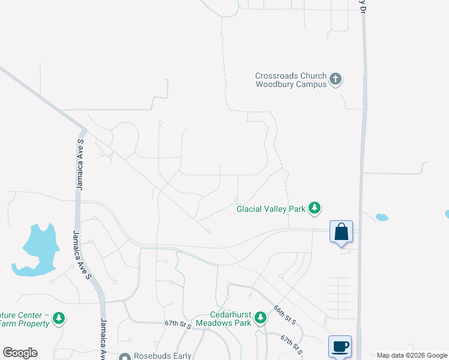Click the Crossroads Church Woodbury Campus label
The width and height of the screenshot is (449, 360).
[291, 80]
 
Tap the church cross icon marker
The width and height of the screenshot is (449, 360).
[336, 79]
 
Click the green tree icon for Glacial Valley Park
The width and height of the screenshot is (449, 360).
[315, 208]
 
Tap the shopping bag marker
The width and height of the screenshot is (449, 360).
[341, 232]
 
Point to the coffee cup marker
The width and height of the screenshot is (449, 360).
[340, 346]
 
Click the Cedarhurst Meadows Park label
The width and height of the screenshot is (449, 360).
[230, 319]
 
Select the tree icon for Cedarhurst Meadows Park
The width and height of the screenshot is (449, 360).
[260, 317]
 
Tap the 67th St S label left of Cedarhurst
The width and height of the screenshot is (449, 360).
[178, 324]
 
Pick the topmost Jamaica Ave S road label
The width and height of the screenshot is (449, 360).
[80, 164]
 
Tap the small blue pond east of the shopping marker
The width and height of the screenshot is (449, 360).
[381, 217]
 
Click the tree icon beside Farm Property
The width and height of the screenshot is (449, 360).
[58, 318]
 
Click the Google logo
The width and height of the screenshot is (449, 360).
[20, 353]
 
